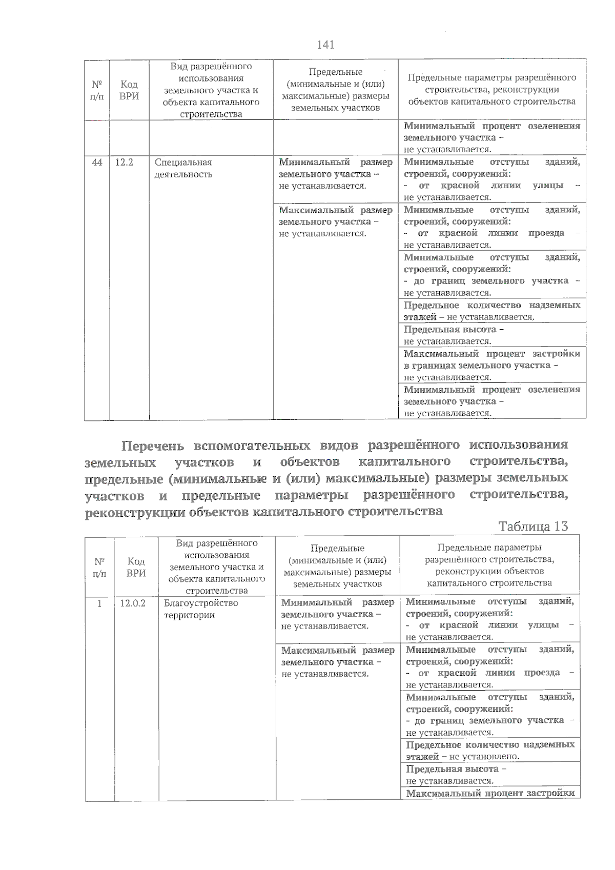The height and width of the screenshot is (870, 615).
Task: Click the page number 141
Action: click(326, 45)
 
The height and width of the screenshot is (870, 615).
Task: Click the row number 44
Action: click(96, 163)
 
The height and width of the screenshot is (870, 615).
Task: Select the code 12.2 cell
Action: click(124, 163)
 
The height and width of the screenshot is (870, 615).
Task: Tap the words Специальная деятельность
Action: click(183, 168)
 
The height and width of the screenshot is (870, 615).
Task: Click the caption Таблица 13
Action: click(533, 527)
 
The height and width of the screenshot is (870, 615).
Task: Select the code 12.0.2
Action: click(133, 603)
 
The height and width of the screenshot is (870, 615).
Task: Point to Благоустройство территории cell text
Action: click(201, 609)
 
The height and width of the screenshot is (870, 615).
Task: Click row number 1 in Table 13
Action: click(99, 603)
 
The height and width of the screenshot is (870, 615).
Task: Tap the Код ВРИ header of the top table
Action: click(129, 90)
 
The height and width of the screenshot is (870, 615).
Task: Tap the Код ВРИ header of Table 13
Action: click(136, 568)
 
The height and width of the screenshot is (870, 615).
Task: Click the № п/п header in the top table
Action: click(96, 90)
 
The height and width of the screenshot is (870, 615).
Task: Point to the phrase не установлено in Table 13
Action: click(484, 756)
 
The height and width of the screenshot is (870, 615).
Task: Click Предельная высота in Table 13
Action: click(452, 769)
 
